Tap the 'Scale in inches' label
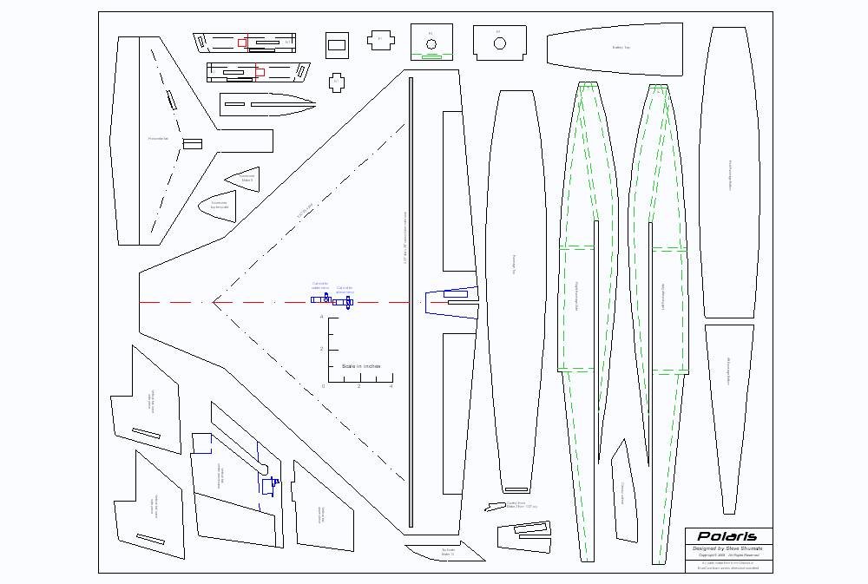(361, 366)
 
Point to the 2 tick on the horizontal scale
(358, 385)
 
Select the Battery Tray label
(621, 48)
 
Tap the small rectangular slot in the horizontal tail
(192, 143)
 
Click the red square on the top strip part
(243, 41)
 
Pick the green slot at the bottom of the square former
(431, 57)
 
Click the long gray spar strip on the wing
(411, 302)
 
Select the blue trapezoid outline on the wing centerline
(451, 301)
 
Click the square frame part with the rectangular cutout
(337, 44)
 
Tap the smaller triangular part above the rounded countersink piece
(244, 178)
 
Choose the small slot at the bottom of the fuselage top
(516, 489)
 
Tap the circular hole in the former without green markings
(500, 43)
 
